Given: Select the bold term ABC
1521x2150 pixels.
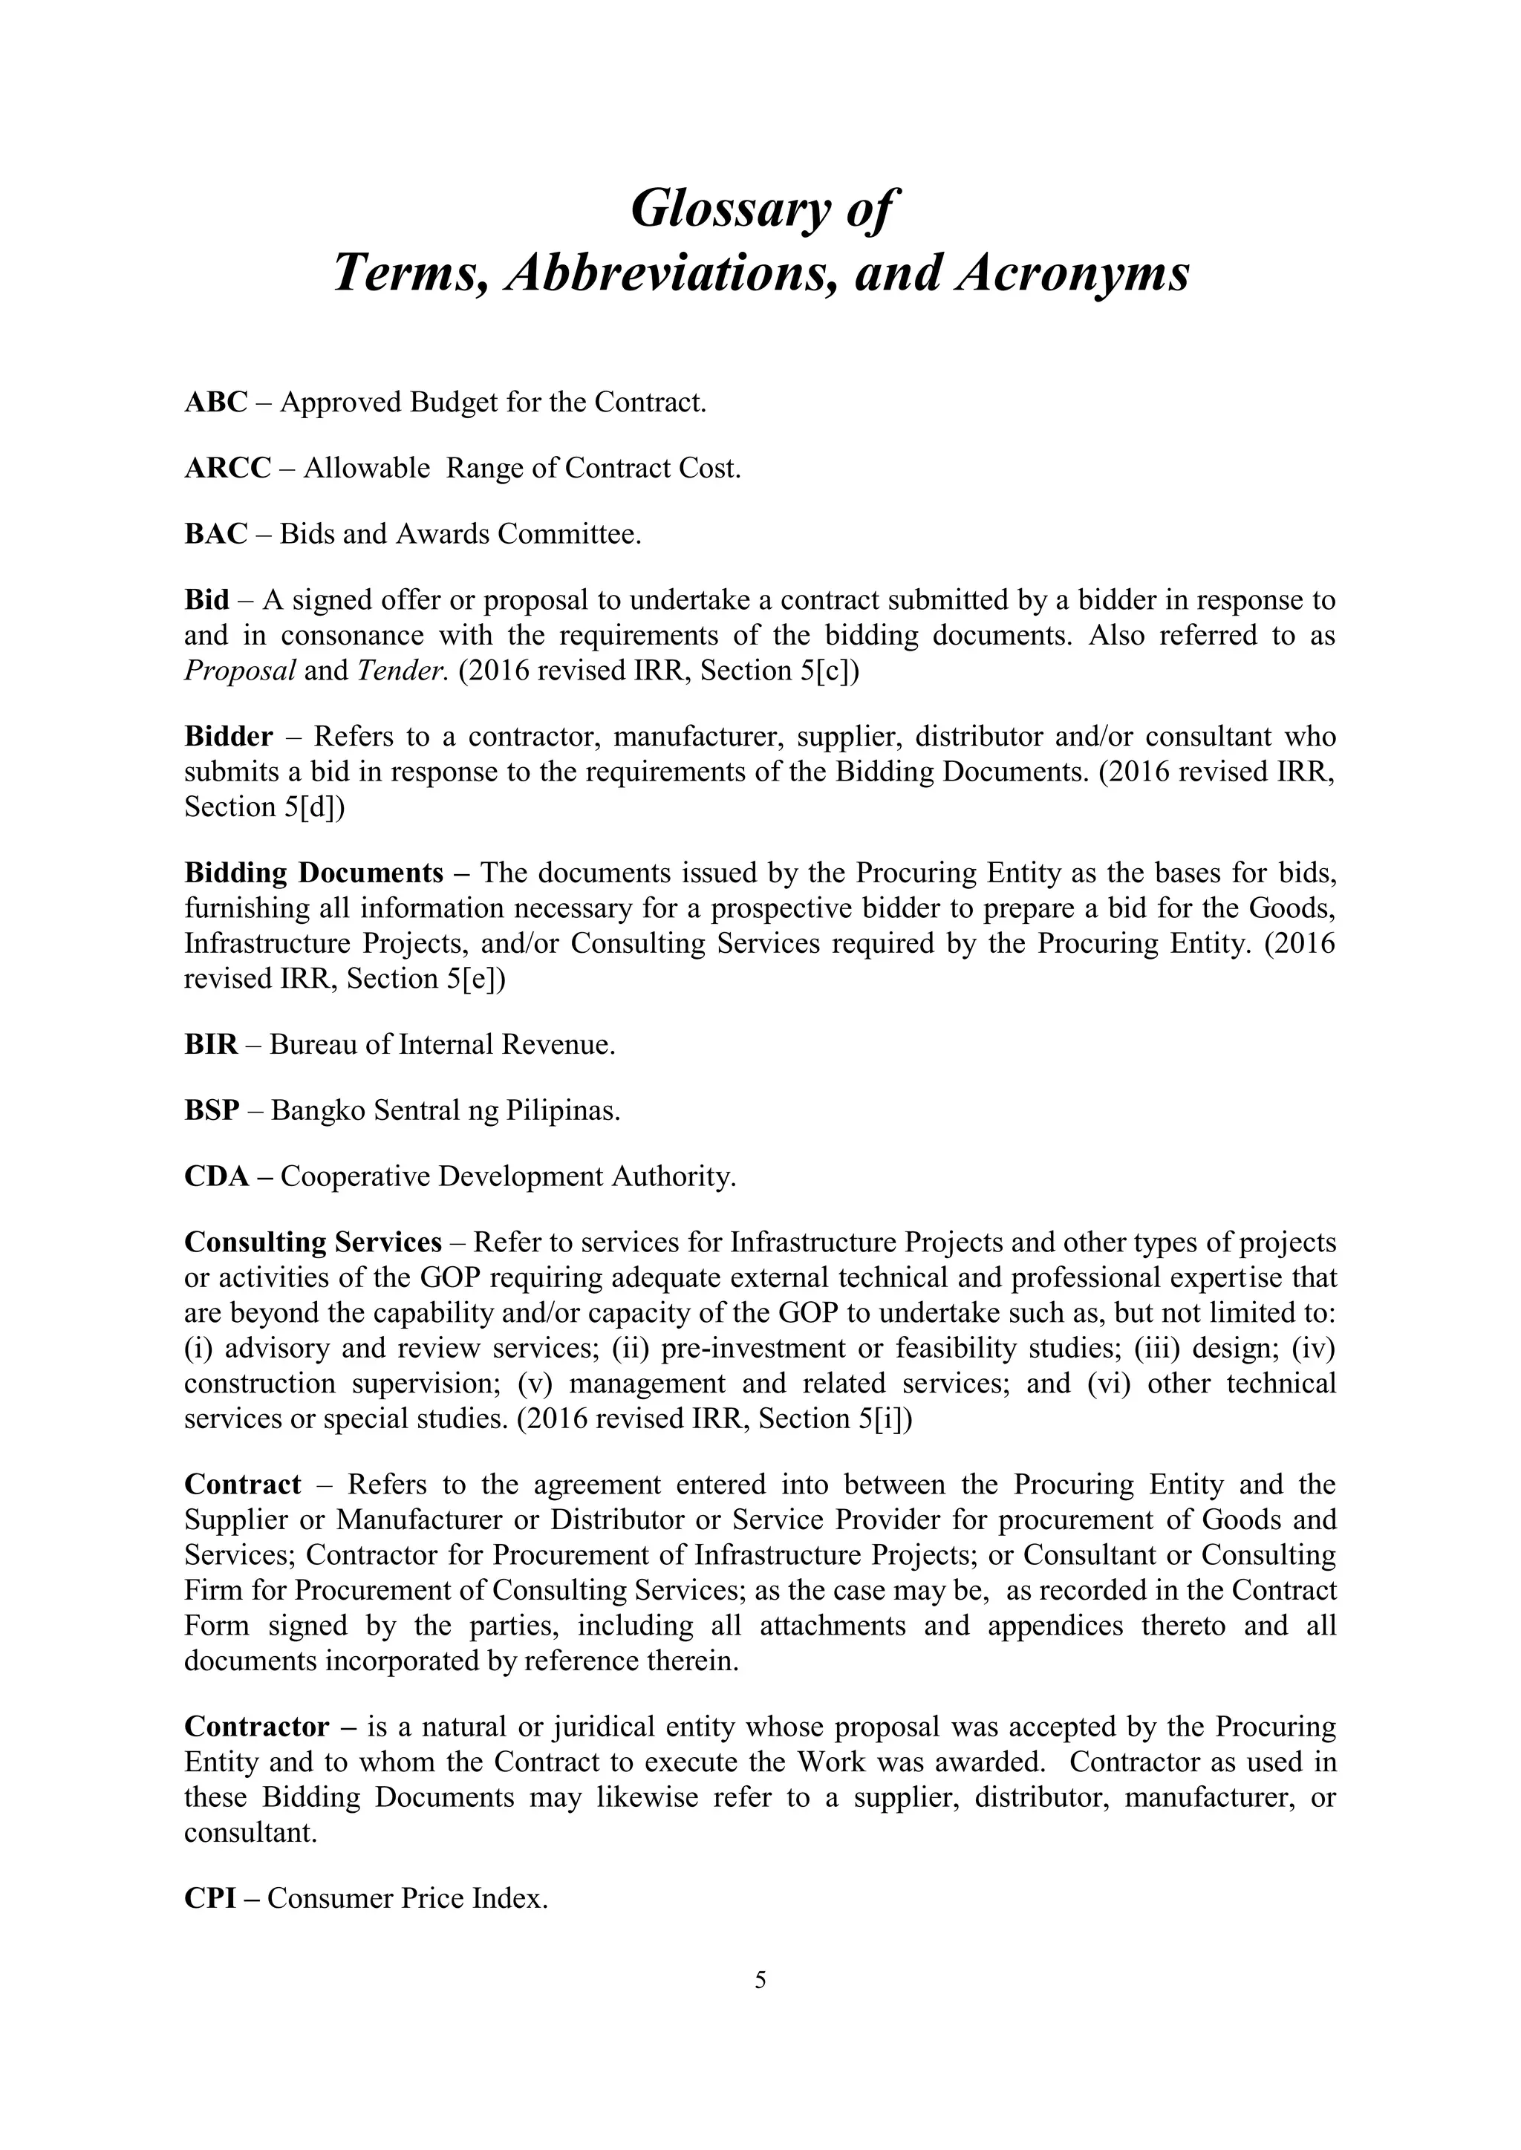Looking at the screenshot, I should (x=215, y=403).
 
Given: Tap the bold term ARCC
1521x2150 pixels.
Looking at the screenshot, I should (x=227, y=468).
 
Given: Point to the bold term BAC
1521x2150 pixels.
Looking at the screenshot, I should (x=215, y=534).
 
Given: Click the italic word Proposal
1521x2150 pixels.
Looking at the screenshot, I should (x=240, y=671).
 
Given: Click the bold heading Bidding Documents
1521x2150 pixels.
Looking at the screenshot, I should (x=313, y=873).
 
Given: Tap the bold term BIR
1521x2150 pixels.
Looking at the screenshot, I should (x=211, y=1045).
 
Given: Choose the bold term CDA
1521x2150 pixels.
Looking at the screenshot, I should (x=216, y=1176).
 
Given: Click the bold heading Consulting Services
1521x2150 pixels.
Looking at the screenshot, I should (x=313, y=1242).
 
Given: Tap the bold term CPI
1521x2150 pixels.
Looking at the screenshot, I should (x=212, y=1899).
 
